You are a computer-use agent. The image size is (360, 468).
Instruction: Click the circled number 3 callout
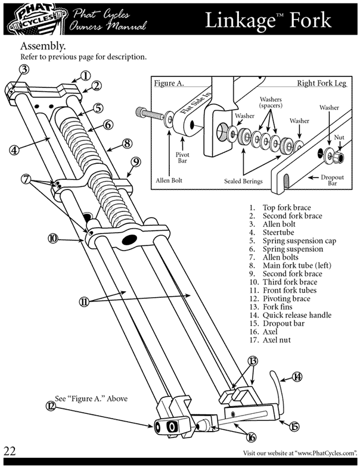click(24, 69)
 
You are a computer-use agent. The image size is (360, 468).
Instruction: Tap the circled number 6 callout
click(108, 124)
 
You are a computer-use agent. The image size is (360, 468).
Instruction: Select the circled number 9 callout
click(136, 162)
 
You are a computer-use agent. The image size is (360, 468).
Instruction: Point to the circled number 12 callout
click(51, 406)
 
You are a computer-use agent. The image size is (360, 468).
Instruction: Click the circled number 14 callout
click(297, 377)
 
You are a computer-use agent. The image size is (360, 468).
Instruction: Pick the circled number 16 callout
click(252, 438)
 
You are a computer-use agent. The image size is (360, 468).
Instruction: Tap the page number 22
click(10, 451)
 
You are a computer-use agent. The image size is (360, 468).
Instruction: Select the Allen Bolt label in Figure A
click(169, 180)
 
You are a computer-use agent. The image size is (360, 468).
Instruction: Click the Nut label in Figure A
click(339, 138)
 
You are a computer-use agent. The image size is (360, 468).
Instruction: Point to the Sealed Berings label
click(243, 181)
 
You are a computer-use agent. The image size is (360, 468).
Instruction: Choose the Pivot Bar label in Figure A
click(182, 158)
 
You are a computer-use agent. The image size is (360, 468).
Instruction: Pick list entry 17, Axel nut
click(270, 340)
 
